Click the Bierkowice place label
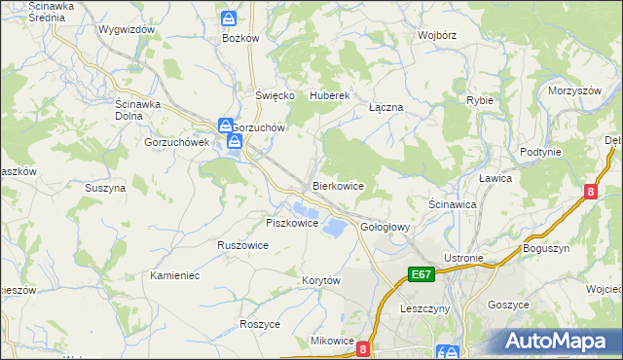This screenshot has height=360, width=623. click(338, 185)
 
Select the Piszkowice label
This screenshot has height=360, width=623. click(292, 223)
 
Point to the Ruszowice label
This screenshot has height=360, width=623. click(242, 246)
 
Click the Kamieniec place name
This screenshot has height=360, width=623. click(175, 275)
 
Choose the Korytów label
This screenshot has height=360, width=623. click(320, 280)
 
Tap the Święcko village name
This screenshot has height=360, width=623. click(275, 95)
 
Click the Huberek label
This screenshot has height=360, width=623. click(329, 95)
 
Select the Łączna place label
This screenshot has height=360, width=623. click(385, 107)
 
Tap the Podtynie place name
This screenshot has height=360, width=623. click(540, 152)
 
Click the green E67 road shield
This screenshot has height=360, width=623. click(421, 275)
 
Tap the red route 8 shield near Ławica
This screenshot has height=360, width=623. click(590, 193)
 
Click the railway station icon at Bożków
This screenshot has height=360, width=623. click(229, 18)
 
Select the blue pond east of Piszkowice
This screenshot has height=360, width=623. click(333, 228)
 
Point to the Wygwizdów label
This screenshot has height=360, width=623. click(127, 29)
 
